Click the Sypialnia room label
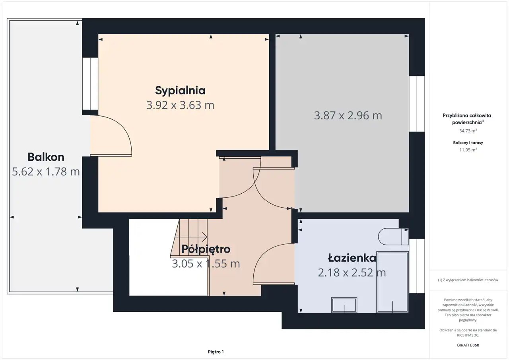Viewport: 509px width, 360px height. coord(180,91)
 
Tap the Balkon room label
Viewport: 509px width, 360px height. coord(46,157)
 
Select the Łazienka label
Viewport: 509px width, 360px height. coord(352,257)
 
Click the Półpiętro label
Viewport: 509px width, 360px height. coord(206,249)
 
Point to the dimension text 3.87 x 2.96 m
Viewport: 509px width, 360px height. coord(348,115)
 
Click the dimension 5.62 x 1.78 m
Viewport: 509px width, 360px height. coord(46,171)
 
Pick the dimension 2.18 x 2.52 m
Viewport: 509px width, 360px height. coord(352,272)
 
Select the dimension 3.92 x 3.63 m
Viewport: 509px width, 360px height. coord(180,105)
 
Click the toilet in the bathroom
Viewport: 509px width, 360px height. coord(393,237)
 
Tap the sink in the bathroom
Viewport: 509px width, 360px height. coord(344,305)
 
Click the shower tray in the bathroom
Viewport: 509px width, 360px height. coord(392,282)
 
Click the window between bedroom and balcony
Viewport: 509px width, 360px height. coord(90,84)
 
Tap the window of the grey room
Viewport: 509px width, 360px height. coord(417,104)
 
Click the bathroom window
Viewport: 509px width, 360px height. coord(417,266)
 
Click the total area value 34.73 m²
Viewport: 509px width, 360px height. coord(468,131)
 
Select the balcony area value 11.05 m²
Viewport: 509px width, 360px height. coord(468,150)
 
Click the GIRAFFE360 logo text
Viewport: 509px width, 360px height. coord(468,345)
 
